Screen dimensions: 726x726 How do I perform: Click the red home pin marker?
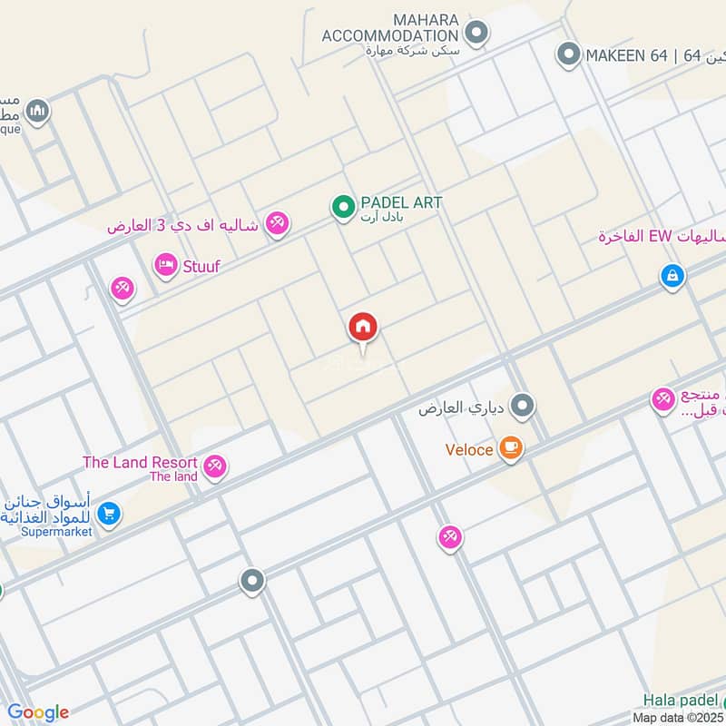363,328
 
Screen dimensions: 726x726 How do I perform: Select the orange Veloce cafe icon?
511,448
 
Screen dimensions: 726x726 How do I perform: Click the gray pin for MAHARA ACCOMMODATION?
476,34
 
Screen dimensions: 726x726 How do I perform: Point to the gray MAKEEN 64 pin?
568,55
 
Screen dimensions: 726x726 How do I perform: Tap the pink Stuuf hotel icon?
165,266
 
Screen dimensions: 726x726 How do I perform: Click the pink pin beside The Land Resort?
214,466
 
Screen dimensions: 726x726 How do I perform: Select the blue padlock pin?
672,275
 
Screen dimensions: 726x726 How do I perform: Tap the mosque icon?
37,112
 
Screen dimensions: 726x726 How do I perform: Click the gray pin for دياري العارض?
522,407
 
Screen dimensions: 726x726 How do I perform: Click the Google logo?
37,712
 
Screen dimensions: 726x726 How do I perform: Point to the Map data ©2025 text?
679,717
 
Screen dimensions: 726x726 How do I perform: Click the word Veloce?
469,449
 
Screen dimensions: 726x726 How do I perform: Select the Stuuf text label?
201,266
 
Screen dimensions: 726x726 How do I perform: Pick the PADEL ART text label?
401,202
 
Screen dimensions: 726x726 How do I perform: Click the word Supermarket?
57,532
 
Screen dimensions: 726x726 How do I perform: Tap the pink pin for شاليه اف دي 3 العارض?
278,223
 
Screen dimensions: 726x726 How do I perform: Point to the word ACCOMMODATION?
388,34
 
